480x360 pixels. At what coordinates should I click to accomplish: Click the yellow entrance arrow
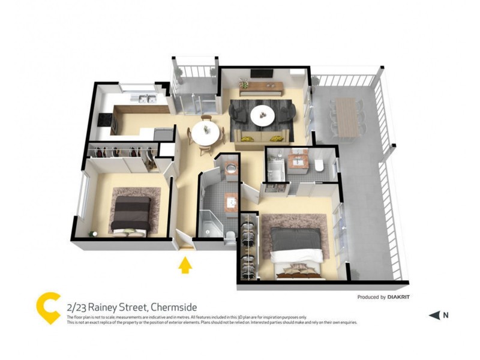pyautogui.click(x=185, y=265)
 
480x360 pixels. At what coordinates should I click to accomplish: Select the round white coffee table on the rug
pyautogui.click(x=262, y=116)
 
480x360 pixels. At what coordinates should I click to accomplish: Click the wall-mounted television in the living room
pyautogui.click(x=262, y=73)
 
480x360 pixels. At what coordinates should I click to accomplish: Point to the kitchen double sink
pyautogui.click(x=143, y=98)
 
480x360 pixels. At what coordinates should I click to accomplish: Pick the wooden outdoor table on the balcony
pyautogui.click(x=347, y=117)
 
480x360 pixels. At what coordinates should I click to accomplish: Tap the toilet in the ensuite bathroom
pyautogui.click(x=319, y=166)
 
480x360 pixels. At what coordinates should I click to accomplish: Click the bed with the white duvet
pyautogui.click(x=296, y=251)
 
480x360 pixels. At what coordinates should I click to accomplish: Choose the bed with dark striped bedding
pyautogui.click(x=131, y=215)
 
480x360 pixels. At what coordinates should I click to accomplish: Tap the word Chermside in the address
pyautogui.click(x=174, y=307)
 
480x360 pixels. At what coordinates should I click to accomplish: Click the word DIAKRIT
pyautogui.click(x=398, y=297)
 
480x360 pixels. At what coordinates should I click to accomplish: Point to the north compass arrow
pyautogui.click(x=434, y=316)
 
